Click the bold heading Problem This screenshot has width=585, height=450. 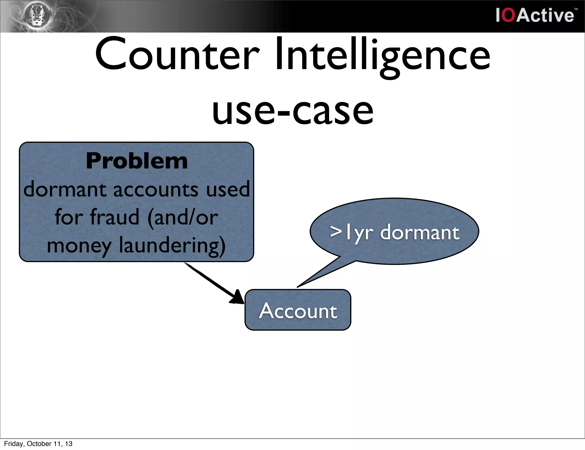pyautogui.click(x=137, y=161)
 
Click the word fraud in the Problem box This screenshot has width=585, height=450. pyautogui.click(x=115, y=217)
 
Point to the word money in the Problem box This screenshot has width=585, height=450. pyautogui.click(x=79, y=246)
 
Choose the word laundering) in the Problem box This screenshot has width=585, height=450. pyautogui.click(x=172, y=246)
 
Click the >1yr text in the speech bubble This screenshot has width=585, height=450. pyautogui.click(x=351, y=232)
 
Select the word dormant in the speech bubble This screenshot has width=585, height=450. pyautogui.click(x=420, y=232)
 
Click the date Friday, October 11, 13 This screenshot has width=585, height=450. pyautogui.click(x=38, y=444)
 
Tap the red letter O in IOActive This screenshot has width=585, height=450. pyautogui.click(x=509, y=15)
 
